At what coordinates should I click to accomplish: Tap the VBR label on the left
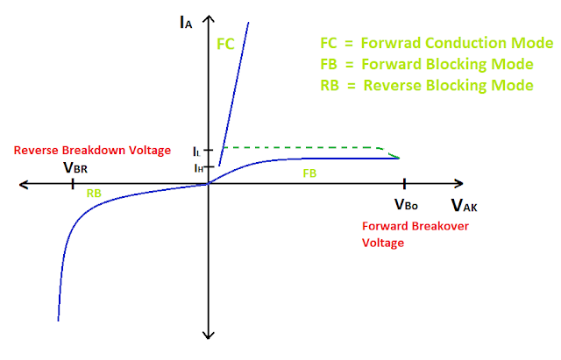coord(75,166)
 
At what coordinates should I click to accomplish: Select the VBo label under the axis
coord(405,205)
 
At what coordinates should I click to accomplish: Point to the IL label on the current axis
coord(196,151)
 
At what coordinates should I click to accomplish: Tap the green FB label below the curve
coord(309,173)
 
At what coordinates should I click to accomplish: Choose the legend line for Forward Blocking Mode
coord(428,64)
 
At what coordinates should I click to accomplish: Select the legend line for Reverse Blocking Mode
coord(428,85)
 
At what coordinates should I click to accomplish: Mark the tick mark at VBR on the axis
coord(71,184)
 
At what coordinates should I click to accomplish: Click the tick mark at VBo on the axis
coord(404,184)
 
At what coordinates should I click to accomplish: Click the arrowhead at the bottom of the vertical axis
coord(209,334)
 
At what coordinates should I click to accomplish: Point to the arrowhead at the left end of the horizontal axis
coord(25,184)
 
